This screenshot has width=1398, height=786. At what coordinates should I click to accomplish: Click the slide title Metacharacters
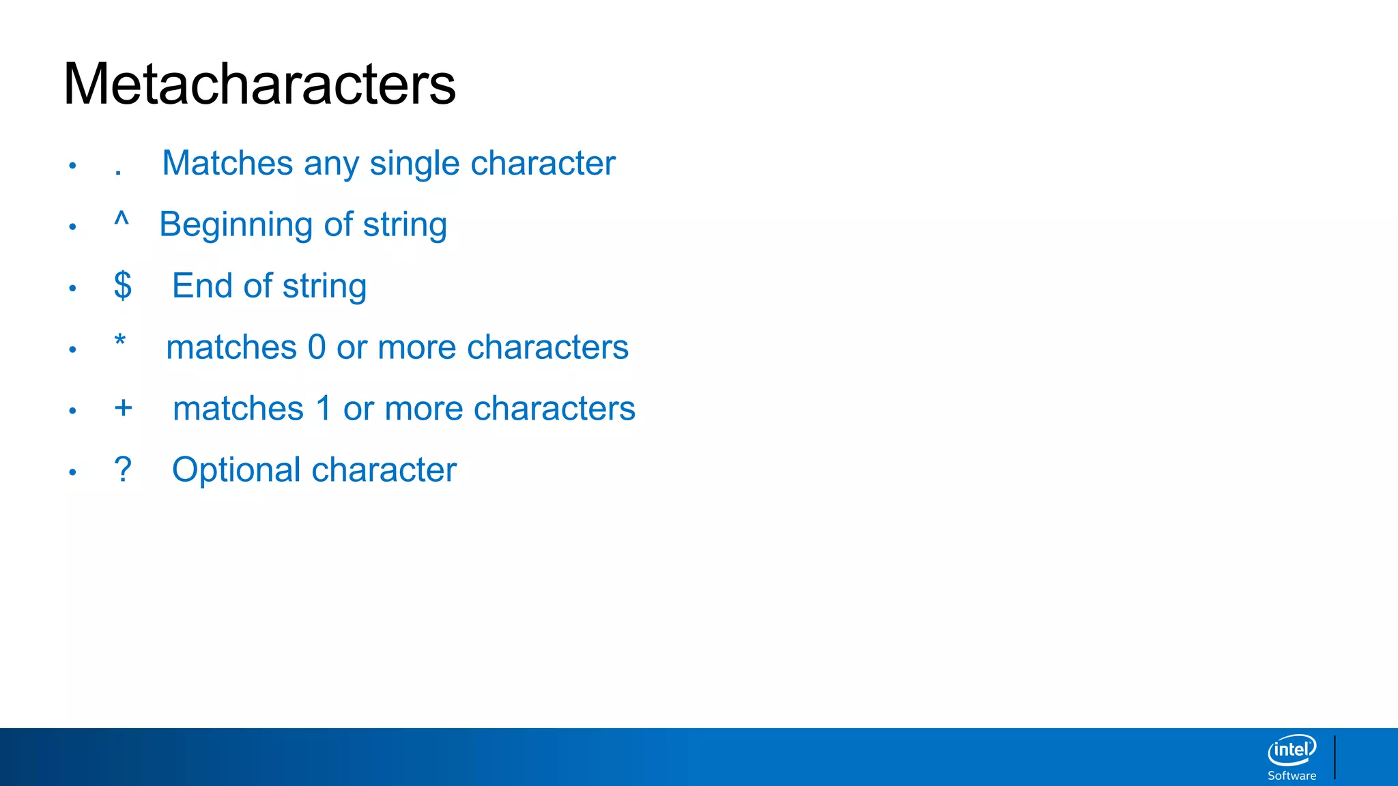259,84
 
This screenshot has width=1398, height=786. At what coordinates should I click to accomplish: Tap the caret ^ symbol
122,220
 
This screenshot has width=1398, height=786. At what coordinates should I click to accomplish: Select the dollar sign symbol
123,285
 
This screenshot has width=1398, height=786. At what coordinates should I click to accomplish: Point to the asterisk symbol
120,340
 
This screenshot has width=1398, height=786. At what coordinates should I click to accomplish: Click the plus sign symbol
124,408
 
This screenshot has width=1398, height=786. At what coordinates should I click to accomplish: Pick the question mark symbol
123,469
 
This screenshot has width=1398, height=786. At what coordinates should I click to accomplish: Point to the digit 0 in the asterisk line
317,347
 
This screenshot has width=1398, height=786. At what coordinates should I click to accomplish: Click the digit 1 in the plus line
324,409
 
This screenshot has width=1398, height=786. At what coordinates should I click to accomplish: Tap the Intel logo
1292,751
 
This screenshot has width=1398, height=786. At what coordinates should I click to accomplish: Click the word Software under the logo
1292,776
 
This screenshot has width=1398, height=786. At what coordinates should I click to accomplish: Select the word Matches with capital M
227,163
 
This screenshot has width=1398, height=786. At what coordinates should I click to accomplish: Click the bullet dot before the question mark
72,472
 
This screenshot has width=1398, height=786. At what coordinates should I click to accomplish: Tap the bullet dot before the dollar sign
72,288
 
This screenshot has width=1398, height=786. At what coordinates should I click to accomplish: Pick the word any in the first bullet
331,164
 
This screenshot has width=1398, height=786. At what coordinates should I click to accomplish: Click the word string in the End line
324,287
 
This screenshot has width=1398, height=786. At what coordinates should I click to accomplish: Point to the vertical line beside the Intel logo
1335,757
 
